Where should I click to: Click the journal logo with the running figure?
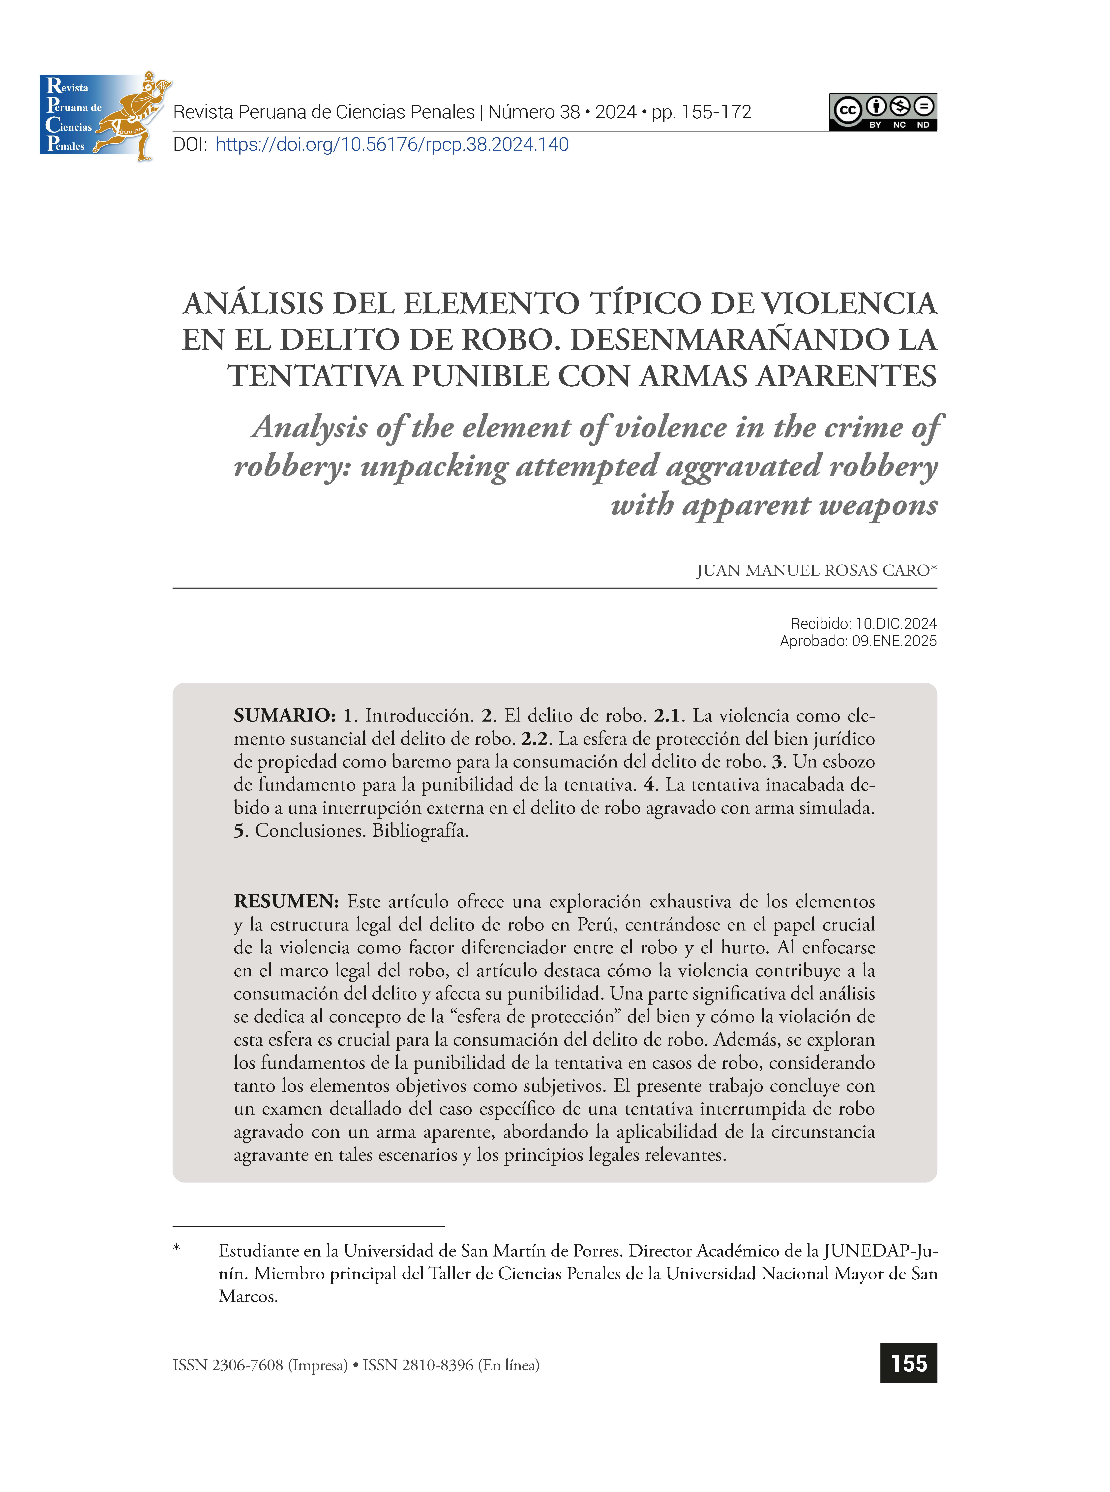[104, 116]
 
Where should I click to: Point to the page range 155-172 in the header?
[716, 112]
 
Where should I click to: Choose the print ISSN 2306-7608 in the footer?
[247, 1365]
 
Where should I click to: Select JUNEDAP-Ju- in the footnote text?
[880, 1251]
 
